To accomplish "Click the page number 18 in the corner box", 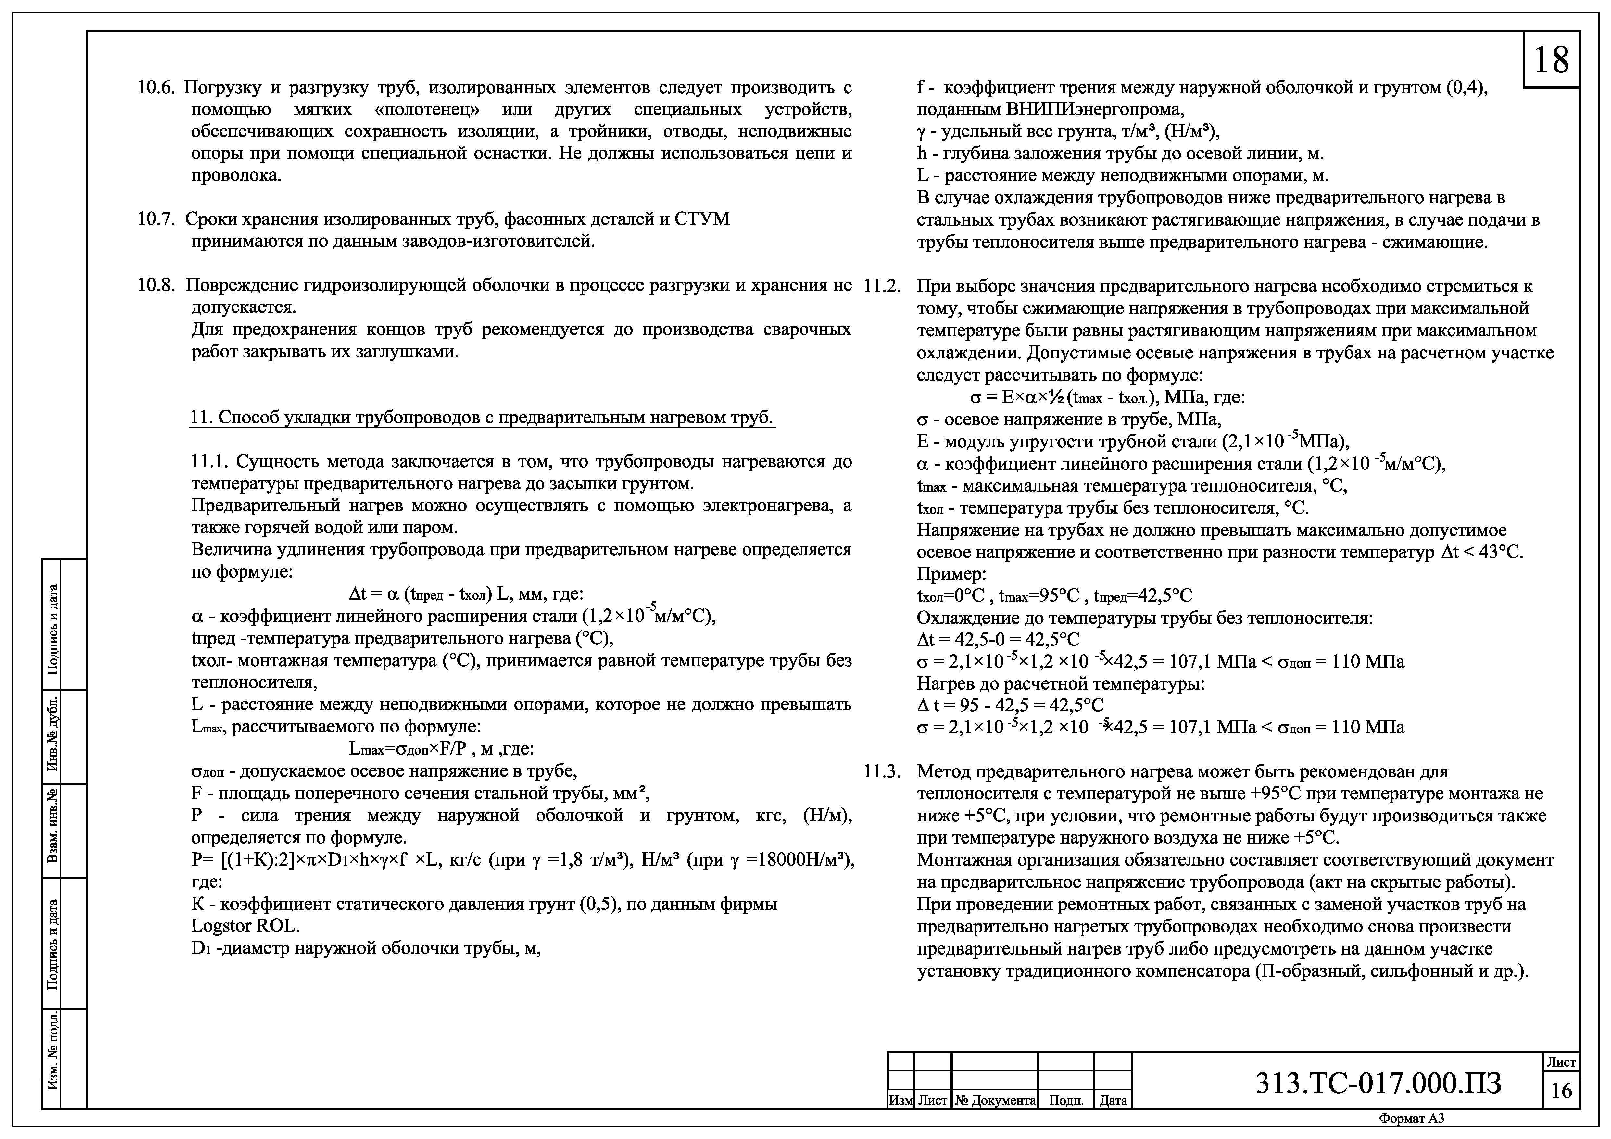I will pyautogui.click(x=1551, y=60).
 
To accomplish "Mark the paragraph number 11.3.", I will pyautogui.click(x=882, y=771).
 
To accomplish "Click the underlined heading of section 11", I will pyautogui.click(x=482, y=418).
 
